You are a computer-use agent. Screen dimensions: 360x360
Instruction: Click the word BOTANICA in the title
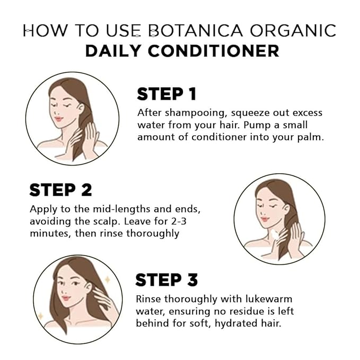pyautogui.click(x=196, y=30)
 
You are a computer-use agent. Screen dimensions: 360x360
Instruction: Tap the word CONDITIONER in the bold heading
pyautogui.click(x=214, y=51)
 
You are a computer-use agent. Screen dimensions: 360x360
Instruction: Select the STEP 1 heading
pyautogui.click(x=166, y=94)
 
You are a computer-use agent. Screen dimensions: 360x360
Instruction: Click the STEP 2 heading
pyautogui.click(x=60, y=190)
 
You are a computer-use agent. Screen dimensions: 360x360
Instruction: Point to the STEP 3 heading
pyautogui.click(x=166, y=279)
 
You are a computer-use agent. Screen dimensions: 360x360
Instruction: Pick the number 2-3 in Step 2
pyautogui.click(x=179, y=221)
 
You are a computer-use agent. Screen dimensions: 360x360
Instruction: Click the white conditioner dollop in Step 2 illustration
pyautogui.click(x=274, y=235)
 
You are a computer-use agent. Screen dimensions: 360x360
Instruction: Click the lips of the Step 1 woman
pyautogui.click(x=58, y=119)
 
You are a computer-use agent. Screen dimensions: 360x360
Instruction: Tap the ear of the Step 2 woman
pyautogui.click(x=287, y=208)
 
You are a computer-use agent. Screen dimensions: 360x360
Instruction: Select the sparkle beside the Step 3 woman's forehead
pyautogui.click(x=107, y=280)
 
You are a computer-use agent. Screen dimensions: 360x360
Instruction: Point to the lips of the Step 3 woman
pyautogui.click(x=66, y=298)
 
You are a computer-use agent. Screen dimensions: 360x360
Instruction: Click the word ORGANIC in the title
pyautogui.click(x=293, y=30)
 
